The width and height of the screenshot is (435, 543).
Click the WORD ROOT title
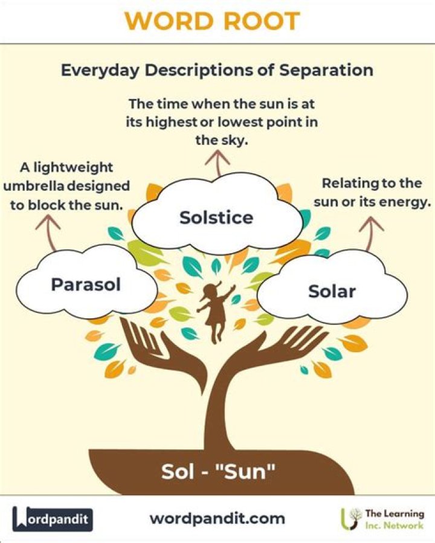pos(217,21)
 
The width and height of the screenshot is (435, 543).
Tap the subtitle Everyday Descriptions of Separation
pos(217,69)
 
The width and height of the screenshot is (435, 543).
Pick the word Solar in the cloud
pos(332,292)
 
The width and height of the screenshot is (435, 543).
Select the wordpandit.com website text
pos(217,518)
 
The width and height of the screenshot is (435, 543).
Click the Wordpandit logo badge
pos(53,519)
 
